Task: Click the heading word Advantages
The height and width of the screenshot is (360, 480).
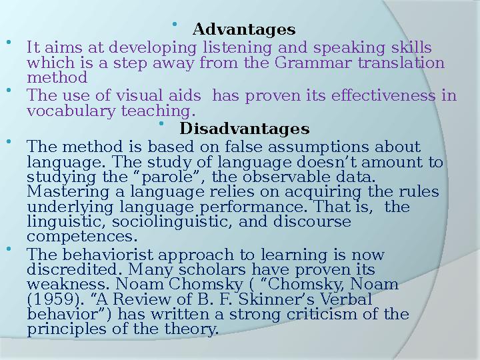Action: (x=244, y=31)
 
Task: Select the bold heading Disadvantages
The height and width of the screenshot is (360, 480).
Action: (x=245, y=128)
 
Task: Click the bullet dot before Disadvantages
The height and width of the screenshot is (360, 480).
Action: (x=162, y=123)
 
